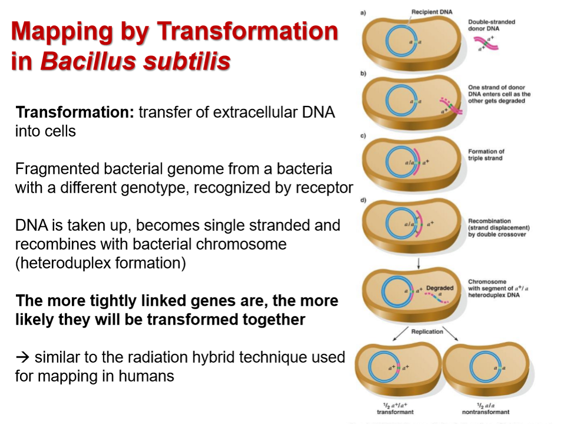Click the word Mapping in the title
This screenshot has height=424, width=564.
[x=64, y=32]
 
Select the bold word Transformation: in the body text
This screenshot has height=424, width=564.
[x=75, y=113]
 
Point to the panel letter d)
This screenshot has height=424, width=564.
[x=364, y=200]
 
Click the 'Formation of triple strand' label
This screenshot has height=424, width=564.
[x=486, y=155]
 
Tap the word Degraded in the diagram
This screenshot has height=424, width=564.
[x=440, y=288]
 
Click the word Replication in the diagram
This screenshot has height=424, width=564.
[x=427, y=332]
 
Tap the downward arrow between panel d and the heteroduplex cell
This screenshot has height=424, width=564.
[x=417, y=262]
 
